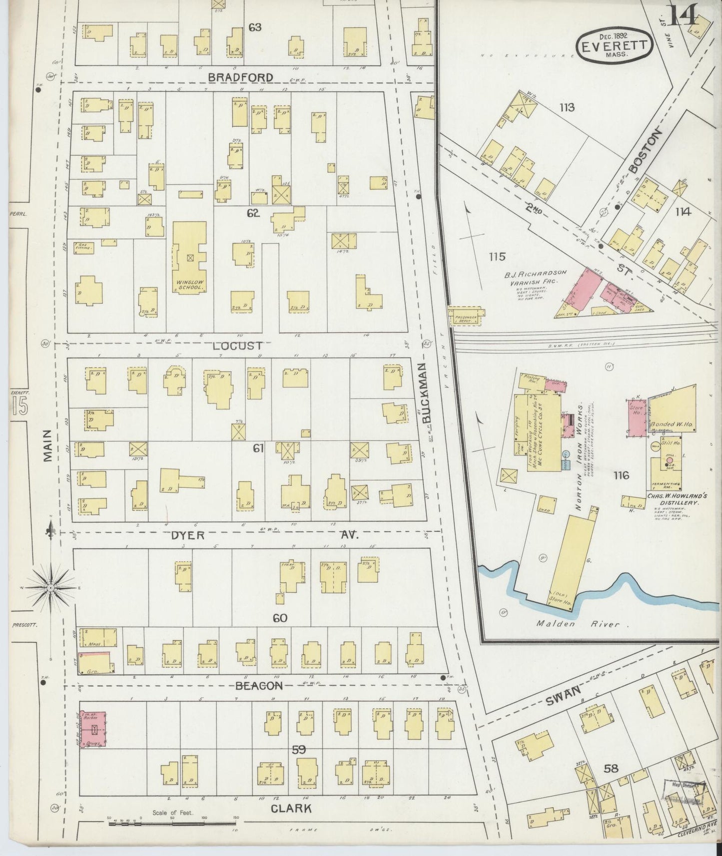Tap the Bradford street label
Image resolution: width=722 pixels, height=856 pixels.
click(x=241, y=77)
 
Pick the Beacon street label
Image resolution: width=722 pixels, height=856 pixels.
click(x=259, y=686)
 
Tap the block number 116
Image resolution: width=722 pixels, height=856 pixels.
click(x=621, y=475)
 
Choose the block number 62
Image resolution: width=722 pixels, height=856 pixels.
click(x=253, y=214)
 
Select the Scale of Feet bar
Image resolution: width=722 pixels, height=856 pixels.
click(x=172, y=818)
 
